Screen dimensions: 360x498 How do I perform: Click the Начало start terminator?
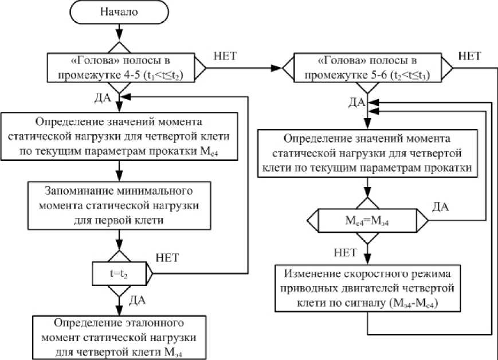(x=119, y=13)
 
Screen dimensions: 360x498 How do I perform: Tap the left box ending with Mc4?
(x=119, y=137)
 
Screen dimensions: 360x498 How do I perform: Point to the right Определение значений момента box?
(x=367, y=154)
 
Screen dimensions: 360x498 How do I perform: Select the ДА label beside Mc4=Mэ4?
(x=442, y=205)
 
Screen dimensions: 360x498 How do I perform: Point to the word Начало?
(x=119, y=13)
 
